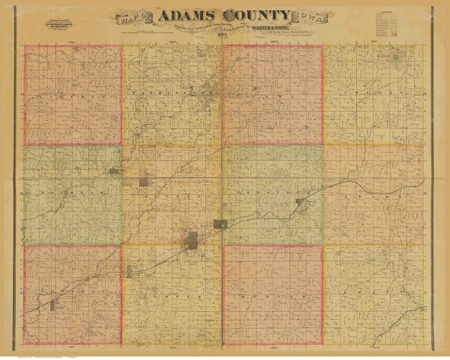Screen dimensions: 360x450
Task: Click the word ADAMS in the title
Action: (186, 17)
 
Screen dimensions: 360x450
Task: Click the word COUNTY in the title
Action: (257, 17)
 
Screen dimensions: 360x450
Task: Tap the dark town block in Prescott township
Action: (300, 202)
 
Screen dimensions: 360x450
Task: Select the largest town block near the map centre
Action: (192, 239)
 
